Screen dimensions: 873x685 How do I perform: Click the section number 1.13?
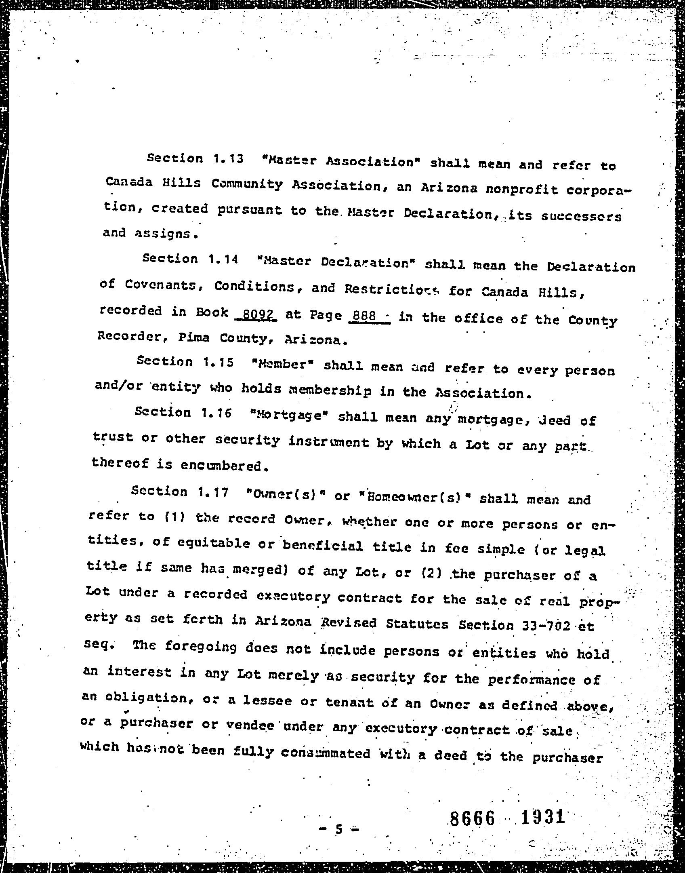click(x=228, y=158)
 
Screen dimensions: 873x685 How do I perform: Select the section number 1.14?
click(x=224, y=259)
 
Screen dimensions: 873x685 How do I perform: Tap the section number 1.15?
click(x=219, y=362)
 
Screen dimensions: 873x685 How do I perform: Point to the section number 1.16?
click(x=216, y=413)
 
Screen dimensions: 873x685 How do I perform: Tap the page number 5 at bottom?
click(x=339, y=830)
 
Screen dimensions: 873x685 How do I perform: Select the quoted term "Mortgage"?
click(x=288, y=415)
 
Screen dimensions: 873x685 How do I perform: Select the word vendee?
click(x=250, y=724)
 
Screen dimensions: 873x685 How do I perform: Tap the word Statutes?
click(x=417, y=624)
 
